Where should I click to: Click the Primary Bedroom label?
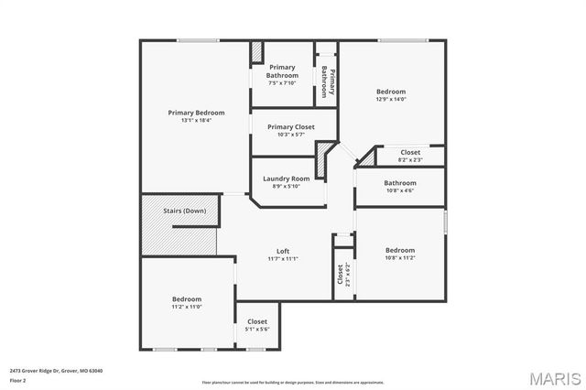pyautogui.click(x=196, y=113)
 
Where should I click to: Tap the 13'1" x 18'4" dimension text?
pyautogui.click(x=196, y=120)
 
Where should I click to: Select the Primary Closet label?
pyautogui.click(x=290, y=126)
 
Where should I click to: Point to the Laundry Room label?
pyautogui.click(x=286, y=179)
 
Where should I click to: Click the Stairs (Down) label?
pyautogui.click(x=184, y=211)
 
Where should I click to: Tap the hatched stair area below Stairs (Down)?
pyautogui.click(x=178, y=236)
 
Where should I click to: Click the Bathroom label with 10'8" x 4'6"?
pyautogui.click(x=399, y=182)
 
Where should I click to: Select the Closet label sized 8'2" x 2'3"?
pyautogui.click(x=410, y=152)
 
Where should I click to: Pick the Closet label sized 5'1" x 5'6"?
pyautogui.click(x=257, y=321)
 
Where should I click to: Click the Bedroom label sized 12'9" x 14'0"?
pyautogui.click(x=391, y=92)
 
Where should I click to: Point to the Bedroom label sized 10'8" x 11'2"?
pyautogui.click(x=399, y=250)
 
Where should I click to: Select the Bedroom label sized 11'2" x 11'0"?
pyautogui.click(x=187, y=298)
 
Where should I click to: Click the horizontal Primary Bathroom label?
pyautogui.click(x=282, y=72)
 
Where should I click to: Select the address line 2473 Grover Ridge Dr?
pyautogui.click(x=57, y=371)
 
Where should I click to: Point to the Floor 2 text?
pyautogui.click(x=17, y=380)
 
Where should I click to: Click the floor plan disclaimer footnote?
pyautogui.click(x=292, y=382)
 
